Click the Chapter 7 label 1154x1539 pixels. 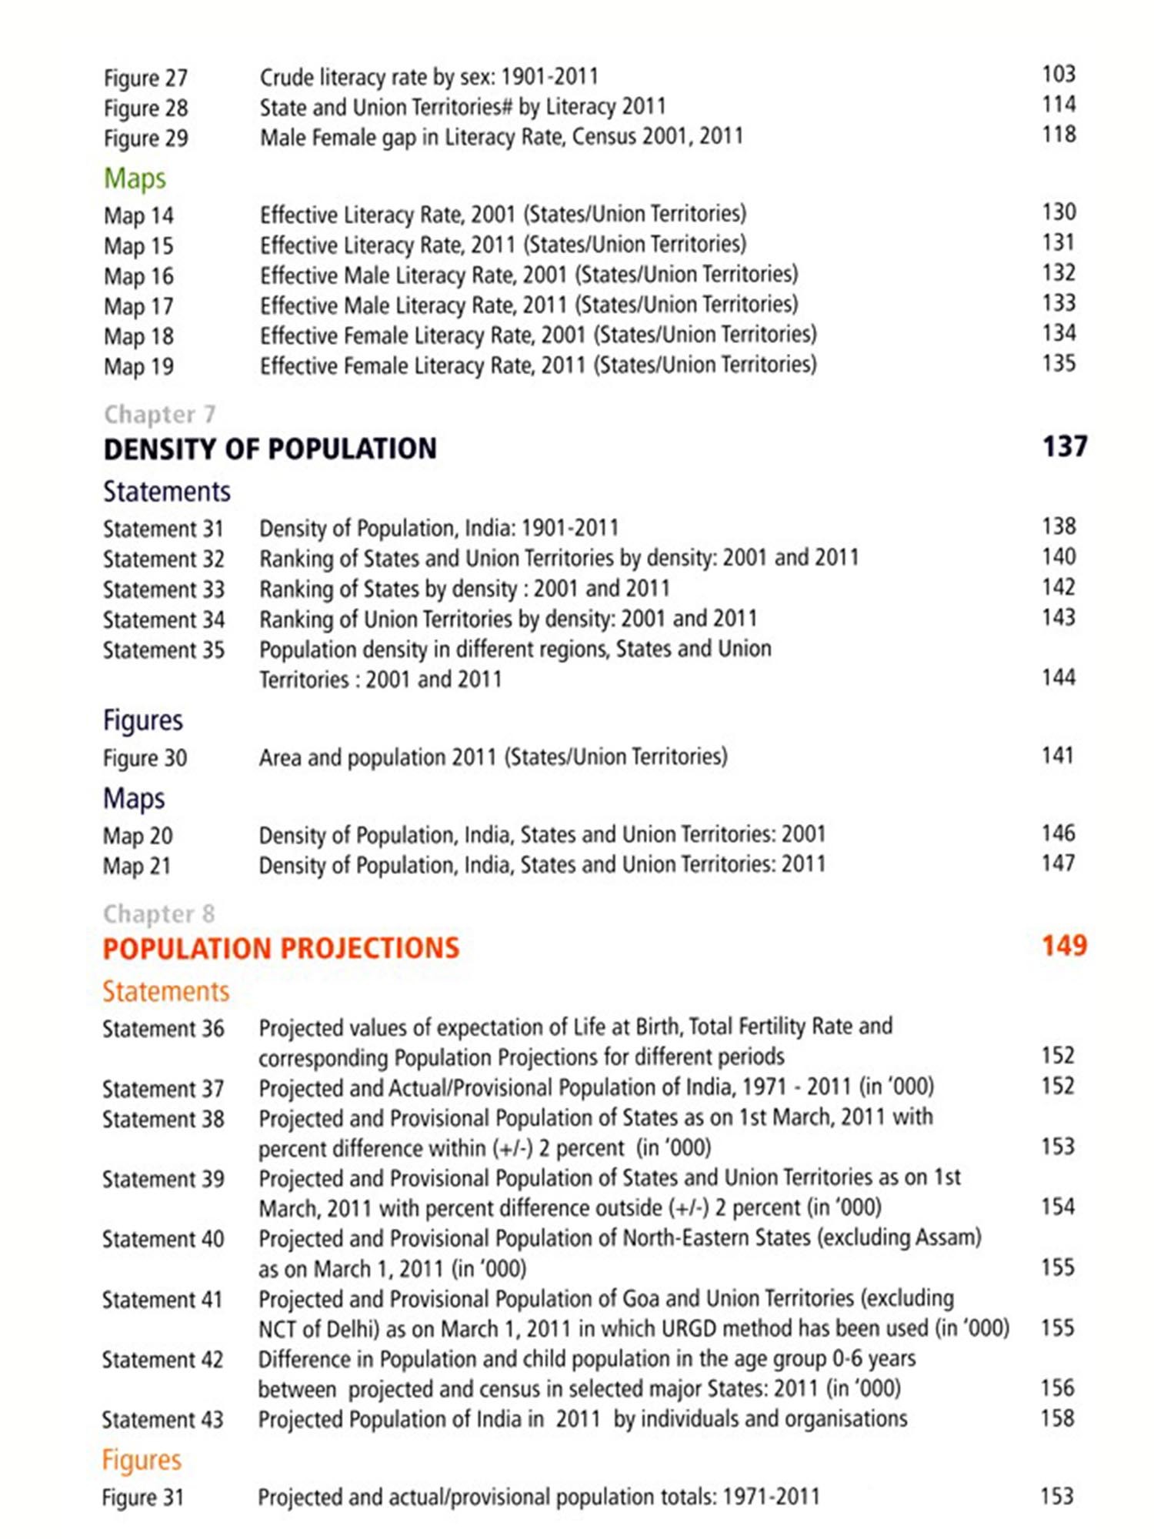[x=159, y=414]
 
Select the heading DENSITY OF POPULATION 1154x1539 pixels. [x=270, y=449]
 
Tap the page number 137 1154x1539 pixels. [x=1064, y=446]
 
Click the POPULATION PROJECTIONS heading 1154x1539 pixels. [x=281, y=948]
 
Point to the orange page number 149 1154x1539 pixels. [x=1064, y=946]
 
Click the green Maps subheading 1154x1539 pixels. [x=135, y=178]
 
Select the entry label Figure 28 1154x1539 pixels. [x=145, y=108]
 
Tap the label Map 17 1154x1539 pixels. [x=138, y=306]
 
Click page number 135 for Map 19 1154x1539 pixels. [x=1059, y=363]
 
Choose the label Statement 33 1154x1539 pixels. [x=163, y=589]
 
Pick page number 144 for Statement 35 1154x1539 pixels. [x=1059, y=678]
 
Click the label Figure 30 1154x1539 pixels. [x=145, y=758]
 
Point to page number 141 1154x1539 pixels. [x=1058, y=756]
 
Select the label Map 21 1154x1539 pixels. [x=137, y=866]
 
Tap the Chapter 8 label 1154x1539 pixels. [x=158, y=913]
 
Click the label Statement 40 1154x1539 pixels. [x=163, y=1239]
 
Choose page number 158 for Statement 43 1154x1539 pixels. [x=1057, y=1418]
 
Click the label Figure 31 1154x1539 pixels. [x=143, y=1497]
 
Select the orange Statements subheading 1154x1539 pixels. [x=165, y=991]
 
